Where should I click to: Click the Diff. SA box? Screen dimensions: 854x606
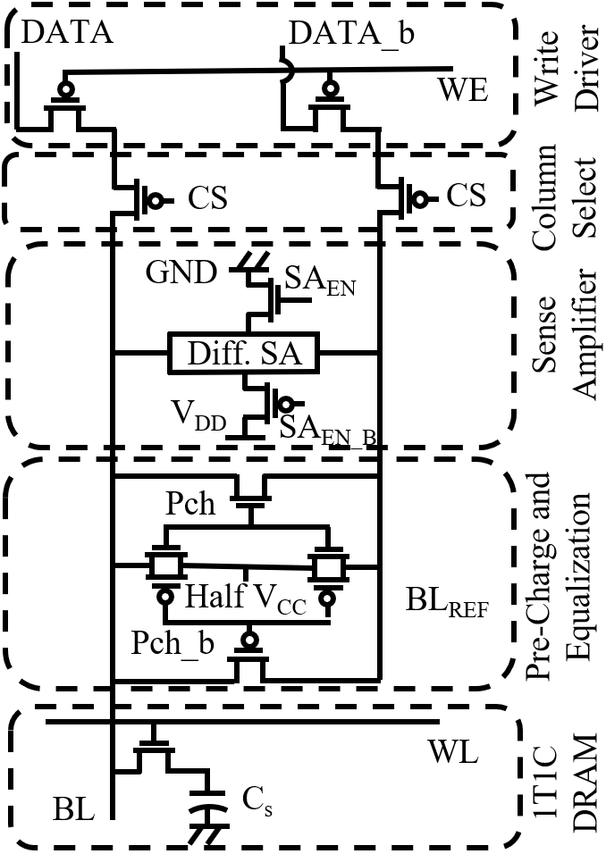pyautogui.click(x=245, y=355)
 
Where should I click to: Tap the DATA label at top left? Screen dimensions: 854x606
pyautogui.click(x=67, y=33)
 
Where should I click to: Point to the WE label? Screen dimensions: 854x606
pyautogui.click(x=461, y=90)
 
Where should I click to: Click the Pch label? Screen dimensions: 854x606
pyautogui.click(x=190, y=503)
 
